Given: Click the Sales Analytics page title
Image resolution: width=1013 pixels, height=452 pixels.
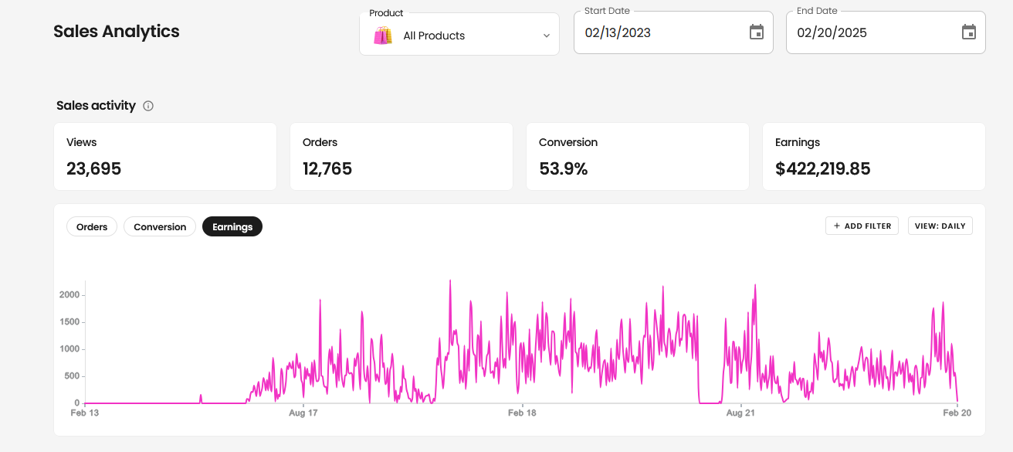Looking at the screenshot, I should pyautogui.click(x=116, y=32).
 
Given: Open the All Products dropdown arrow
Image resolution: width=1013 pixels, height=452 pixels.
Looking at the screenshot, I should pyautogui.click(x=546, y=36).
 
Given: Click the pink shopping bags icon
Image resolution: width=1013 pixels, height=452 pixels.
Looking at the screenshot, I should pyautogui.click(x=383, y=36).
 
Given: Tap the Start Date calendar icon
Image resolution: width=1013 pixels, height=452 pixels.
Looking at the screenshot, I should pyautogui.click(x=757, y=32).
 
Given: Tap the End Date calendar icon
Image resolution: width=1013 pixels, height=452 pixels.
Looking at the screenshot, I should pyautogui.click(x=969, y=32).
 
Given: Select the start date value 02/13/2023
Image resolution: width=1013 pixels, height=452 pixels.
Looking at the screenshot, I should pyautogui.click(x=618, y=32).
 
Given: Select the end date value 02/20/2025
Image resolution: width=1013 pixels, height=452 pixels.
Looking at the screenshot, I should pyautogui.click(x=832, y=32).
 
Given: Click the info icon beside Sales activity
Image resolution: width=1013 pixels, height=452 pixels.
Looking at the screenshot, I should pyautogui.click(x=148, y=106).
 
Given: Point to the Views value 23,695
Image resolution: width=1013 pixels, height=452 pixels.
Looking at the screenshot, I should pyautogui.click(x=93, y=168).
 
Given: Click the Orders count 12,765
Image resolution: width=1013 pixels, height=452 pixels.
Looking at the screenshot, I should pyautogui.click(x=327, y=168).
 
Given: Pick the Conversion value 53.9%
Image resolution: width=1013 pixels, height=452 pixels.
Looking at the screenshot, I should pyautogui.click(x=563, y=168).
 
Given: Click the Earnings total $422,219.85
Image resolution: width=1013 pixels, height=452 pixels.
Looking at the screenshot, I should pyautogui.click(x=822, y=168).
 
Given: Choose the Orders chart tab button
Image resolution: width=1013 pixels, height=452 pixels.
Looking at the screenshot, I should pyautogui.click(x=92, y=226).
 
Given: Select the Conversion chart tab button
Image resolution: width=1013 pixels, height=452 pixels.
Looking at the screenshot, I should pyautogui.click(x=160, y=226).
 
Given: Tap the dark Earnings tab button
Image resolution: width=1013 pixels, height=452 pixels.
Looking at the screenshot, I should pyautogui.click(x=232, y=226).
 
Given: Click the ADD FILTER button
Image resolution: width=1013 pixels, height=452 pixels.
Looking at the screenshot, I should pyautogui.click(x=862, y=226).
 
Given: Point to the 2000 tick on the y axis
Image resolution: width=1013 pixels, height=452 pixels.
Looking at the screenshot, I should pyautogui.click(x=69, y=295).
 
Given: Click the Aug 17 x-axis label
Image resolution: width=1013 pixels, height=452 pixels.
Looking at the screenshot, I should pyautogui.click(x=303, y=413).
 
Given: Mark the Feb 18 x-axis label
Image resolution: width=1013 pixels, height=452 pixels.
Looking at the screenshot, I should pyautogui.click(x=522, y=413).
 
